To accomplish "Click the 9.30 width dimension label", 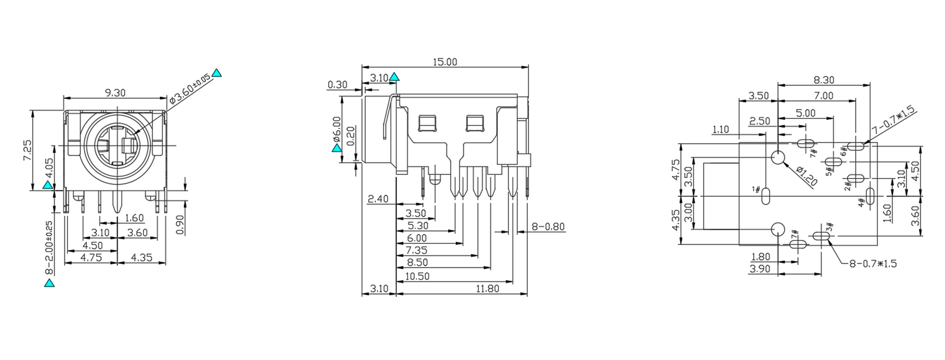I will coord(115,93).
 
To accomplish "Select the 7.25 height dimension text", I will coord(27,150).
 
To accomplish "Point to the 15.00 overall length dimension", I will coord(445,62).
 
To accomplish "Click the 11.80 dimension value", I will coord(487,288).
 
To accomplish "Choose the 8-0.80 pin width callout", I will coord(548,226).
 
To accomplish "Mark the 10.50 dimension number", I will coord(417,276).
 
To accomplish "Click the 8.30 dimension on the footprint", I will coord(823,80).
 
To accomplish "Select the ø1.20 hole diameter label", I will coord(806,176).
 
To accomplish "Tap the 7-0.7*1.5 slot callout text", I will coord(893,120).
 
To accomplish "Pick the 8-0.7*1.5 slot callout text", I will coord(873,263).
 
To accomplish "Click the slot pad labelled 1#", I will coord(766,197).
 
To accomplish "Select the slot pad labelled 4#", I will coord(870,197).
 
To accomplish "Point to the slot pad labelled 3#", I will coord(821,235).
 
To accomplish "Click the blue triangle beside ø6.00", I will coord(337,148).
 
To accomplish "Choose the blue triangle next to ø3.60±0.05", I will coord(217,73).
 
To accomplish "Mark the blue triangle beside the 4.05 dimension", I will coord(47,184).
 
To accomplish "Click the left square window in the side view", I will coord(427,123).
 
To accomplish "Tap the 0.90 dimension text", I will coord(180,224).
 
